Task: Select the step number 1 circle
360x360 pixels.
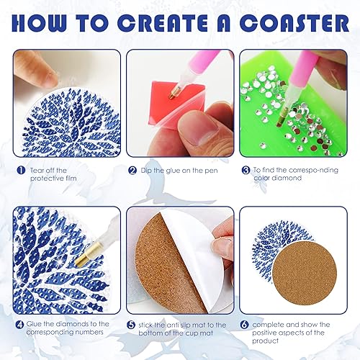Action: point(22,170)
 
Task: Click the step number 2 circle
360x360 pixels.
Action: point(132,171)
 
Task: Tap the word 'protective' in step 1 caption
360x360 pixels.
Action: point(47,180)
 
